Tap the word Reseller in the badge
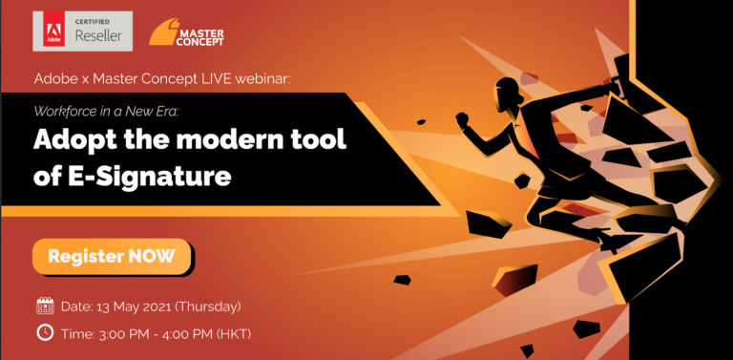pyautogui.click(x=98, y=35)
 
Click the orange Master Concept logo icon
pyautogui.click(x=163, y=32)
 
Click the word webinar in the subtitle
pyautogui.click(x=262, y=79)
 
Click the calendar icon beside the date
pyautogui.click(x=45, y=307)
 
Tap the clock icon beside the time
pyautogui.click(x=45, y=332)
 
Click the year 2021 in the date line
pyautogui.click(x=157, y=307)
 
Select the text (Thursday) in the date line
pyautogui.click(x=207, y=307)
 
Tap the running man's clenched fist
pyautogui.click(x=462, y=119)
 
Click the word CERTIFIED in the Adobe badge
pyautogui.click(x=92, y=22)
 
